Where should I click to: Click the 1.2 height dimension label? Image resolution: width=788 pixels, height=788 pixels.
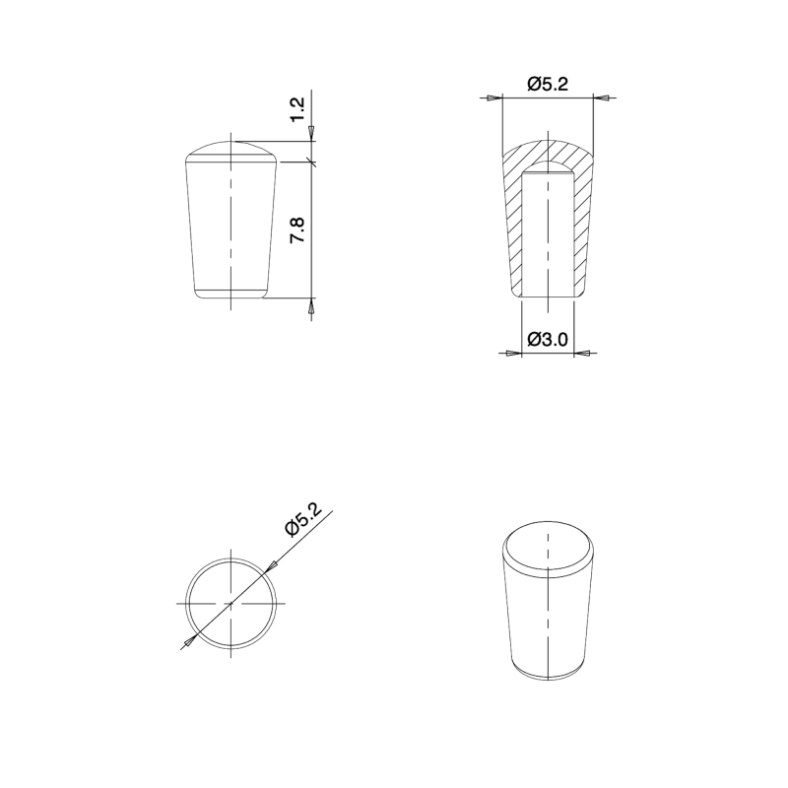[299, 108]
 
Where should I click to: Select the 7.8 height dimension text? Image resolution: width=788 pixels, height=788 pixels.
[299, 231]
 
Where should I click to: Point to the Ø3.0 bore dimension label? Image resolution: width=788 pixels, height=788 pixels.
[547, 340]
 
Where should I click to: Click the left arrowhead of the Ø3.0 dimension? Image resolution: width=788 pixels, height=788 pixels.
[512, 353]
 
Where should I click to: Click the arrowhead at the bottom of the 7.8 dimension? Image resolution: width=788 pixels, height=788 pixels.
[312, 306]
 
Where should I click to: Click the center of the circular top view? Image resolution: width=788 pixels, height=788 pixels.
[230, 601]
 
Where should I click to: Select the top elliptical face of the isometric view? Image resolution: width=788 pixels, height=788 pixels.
[548, 546]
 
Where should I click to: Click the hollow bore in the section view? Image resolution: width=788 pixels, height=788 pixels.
[548, 236]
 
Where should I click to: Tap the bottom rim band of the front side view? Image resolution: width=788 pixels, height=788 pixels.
[230, 293]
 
